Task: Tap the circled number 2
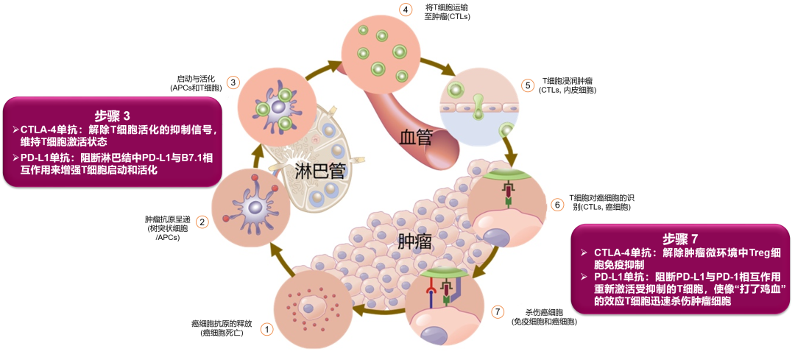click(202, 221)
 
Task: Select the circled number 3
click(233, 82)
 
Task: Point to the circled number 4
click(404, 10)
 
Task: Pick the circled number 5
click(527, 85)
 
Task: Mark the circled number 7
click(498, 311)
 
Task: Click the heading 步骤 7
click(679, 239)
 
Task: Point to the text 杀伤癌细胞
click(544, 312)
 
